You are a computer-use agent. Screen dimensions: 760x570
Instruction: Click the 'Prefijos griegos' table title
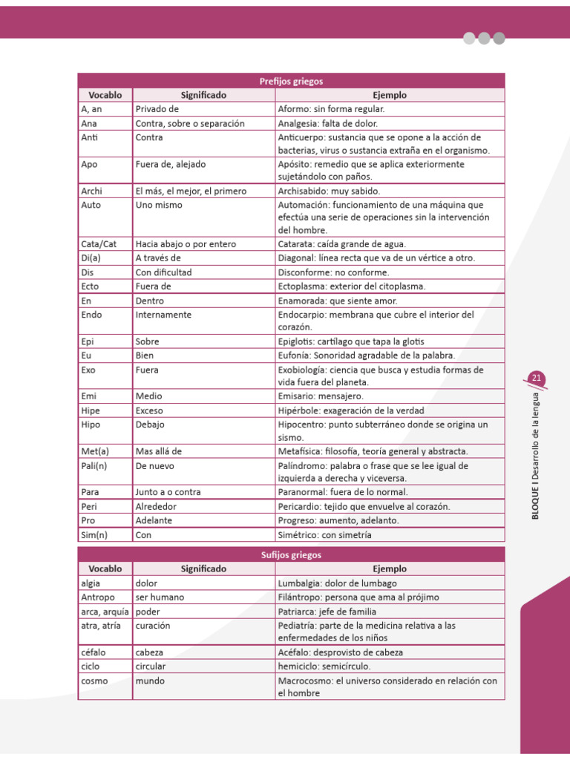click(x=291, y=81)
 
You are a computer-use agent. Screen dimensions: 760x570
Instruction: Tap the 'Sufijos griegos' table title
click(x=291, y=554)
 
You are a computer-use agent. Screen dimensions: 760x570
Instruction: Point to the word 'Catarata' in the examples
click(x=295, y=243)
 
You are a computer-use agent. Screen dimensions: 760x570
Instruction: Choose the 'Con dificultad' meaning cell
click(x=163, y=272)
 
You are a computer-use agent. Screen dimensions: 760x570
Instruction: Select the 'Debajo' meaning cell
click(x=150, y=425)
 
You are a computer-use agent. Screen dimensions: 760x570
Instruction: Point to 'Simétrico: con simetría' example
click(x=324, y=534)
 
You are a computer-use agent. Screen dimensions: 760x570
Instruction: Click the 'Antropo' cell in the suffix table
click(x=96, y=597)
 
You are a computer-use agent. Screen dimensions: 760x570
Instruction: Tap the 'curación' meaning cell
click(x=153, y=626)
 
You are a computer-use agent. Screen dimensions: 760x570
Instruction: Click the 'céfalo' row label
click(x=93, y=652)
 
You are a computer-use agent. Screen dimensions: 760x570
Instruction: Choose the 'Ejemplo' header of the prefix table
click(x=389, y=95)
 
